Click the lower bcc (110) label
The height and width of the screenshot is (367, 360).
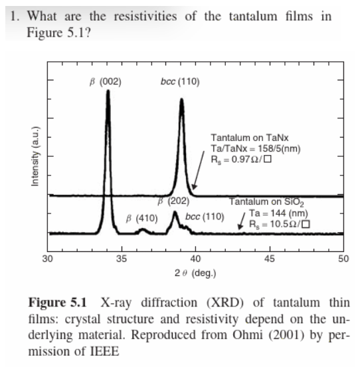click(x=205, y=217)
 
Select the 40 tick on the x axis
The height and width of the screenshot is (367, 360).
click(x=195, y=259)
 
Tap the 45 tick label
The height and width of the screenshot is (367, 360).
click(x=269, y=259)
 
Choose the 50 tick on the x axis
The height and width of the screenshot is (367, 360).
click(x=342, y=259)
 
